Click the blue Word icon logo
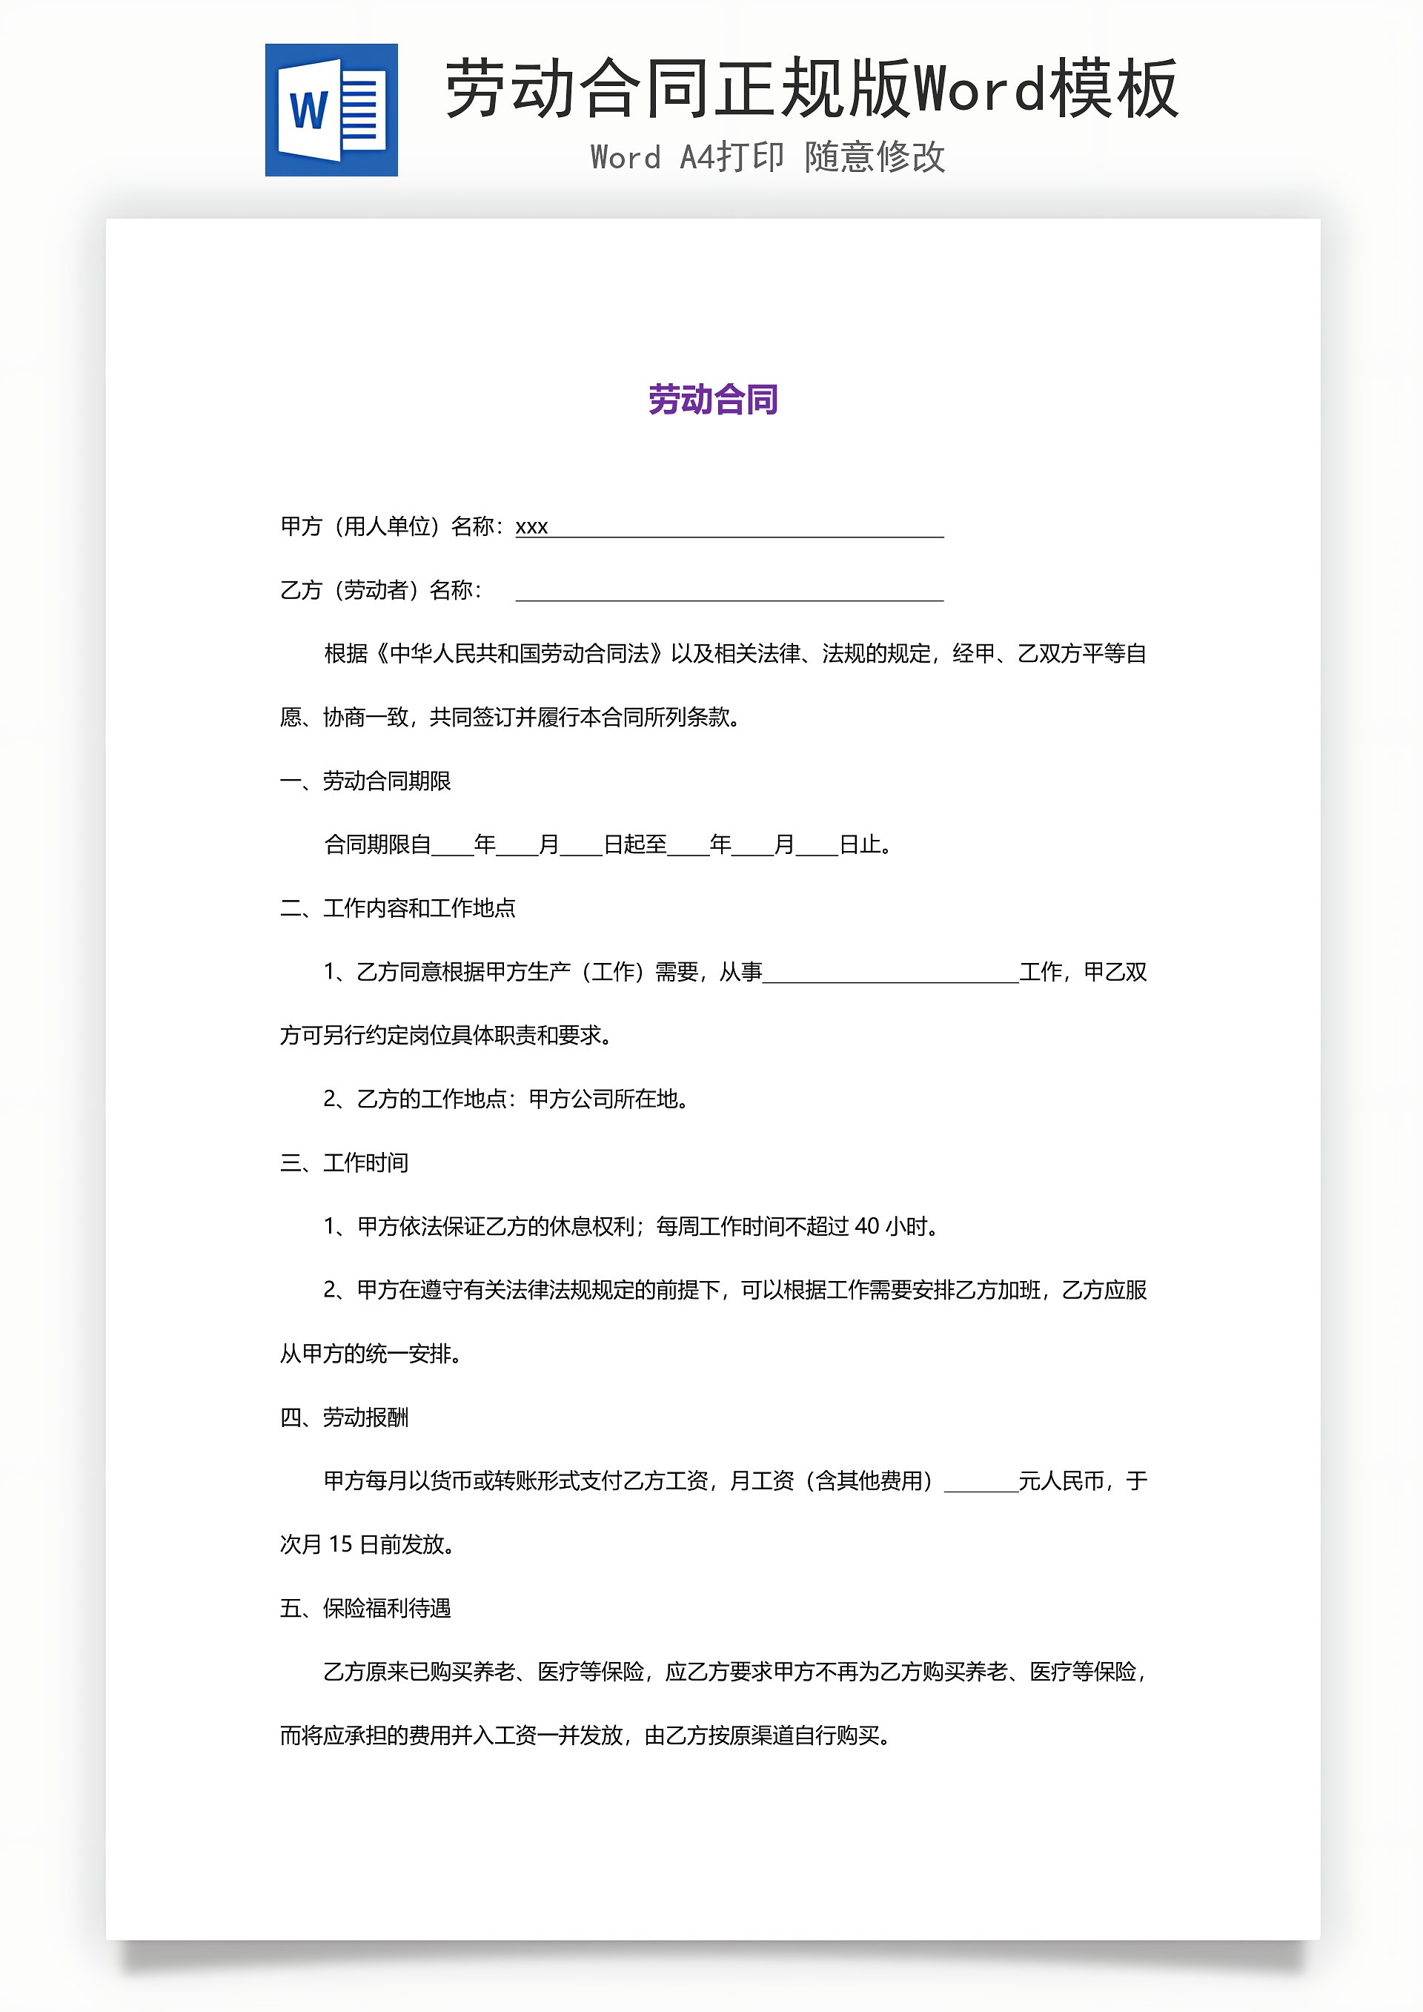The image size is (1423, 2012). [x=331, y=110]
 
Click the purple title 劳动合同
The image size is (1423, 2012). [x=712, y=400]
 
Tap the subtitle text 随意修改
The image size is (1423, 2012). [x=875, y=158]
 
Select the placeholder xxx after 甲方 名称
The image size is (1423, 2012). [x=531, y=526]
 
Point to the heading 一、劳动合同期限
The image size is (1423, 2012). [x=365, y=781]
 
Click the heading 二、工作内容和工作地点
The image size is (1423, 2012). [x=397, y=908]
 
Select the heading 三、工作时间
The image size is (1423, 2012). [x=343, y=1163]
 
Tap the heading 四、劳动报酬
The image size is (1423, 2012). [x=343, y=1417]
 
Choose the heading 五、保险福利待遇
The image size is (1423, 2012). [x=365, y=1608]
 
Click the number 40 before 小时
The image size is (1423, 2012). [x=866, y=1226]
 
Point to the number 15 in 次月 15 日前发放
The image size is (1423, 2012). [x=340, y=1544]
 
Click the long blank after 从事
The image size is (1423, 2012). [x=890, y=973]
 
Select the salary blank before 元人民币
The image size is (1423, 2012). [x=981, y=1482]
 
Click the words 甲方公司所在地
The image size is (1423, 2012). [x=604, y=1099]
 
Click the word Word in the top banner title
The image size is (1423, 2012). [x=979, y=88]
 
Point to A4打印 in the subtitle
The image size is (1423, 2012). [x=731, y=158]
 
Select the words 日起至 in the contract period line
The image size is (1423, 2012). [x=635, y=845]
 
